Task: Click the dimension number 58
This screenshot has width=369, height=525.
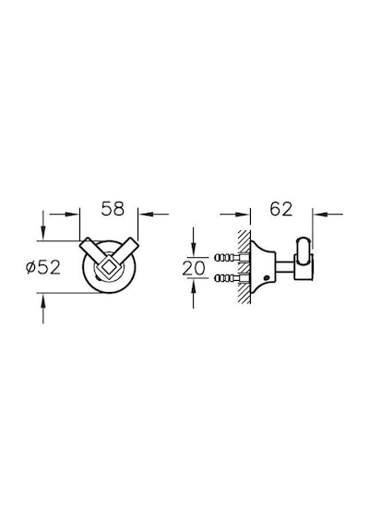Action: point(113,208)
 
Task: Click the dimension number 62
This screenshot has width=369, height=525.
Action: point(281,209)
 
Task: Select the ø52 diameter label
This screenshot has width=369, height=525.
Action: point(43,267)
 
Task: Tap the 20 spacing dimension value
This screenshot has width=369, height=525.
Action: point(194,268)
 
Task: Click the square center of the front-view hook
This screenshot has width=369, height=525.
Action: point(107,267)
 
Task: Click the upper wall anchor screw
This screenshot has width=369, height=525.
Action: point(231,258)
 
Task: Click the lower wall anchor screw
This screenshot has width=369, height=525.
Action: point(231,278)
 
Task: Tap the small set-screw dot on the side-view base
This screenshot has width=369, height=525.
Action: point(267,277)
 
